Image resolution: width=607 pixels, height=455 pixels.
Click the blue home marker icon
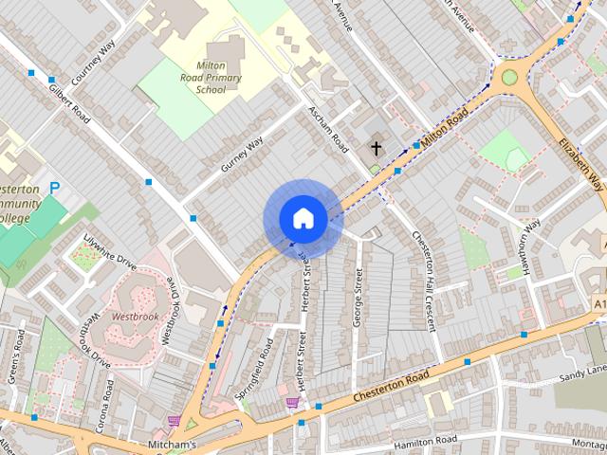coord(302,219)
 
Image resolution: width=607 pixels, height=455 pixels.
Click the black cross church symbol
coord(376,148)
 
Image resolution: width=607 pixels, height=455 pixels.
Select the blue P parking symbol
coord(54,188)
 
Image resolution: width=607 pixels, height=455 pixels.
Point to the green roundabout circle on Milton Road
coord(509,77)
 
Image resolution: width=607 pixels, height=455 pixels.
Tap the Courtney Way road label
coord(93,63)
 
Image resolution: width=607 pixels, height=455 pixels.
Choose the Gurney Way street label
coord(242,154)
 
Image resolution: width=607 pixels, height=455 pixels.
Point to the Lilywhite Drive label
coord(111,250)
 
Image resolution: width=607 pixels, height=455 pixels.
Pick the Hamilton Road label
coord(426,440)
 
